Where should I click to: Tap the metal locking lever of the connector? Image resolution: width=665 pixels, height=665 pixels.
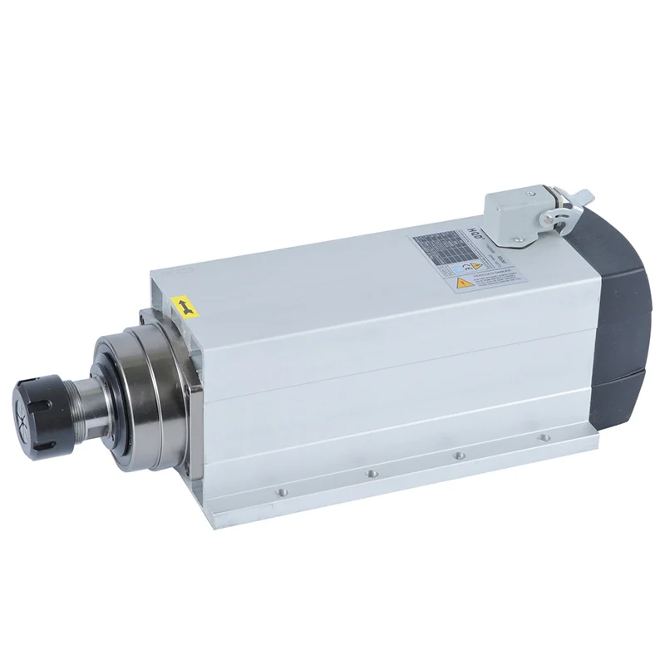click(578, 199)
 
